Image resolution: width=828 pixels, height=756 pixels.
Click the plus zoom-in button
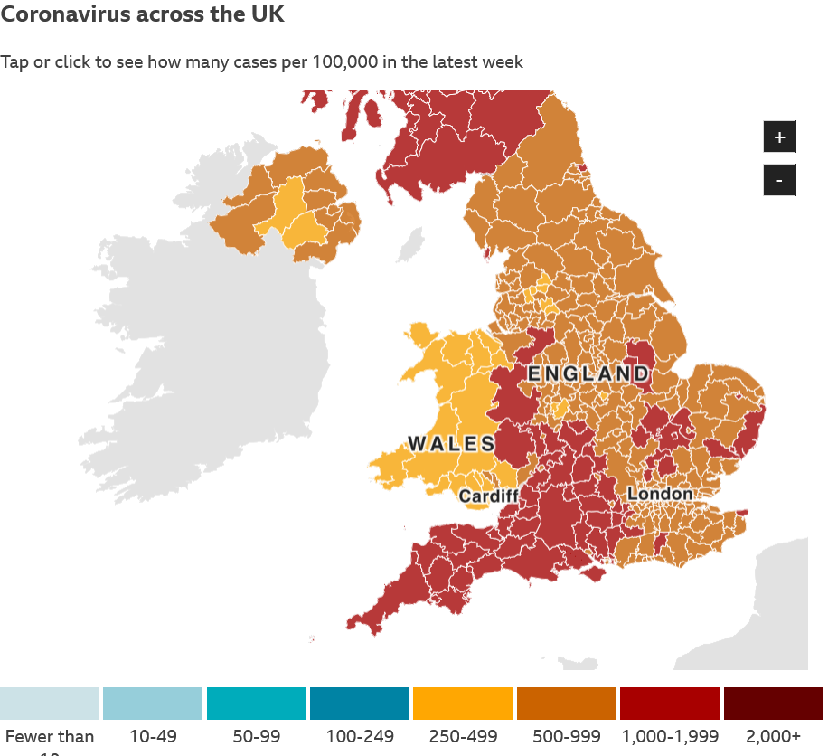(x=779, y=137)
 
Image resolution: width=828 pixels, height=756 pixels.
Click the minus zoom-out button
(x=779, y=180)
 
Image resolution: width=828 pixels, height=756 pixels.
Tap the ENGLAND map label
(x=588, y=373)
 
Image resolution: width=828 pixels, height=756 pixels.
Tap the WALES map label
(x=451, y=443)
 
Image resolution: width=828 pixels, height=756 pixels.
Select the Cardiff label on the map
(x=488, y=496)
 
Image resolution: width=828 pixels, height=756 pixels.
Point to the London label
(x=659, y=494)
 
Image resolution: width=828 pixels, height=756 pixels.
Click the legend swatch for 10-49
(x=153, y=703)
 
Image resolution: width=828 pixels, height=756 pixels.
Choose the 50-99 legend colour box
(x=256, y=703)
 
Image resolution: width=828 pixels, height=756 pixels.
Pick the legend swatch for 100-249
(x=359, y=703)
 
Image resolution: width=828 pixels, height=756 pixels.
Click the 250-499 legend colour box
(x=462, y=703)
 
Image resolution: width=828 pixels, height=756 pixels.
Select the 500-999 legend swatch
(x=565, y=703)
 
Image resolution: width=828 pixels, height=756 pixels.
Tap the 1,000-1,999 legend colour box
(x=669, y=703)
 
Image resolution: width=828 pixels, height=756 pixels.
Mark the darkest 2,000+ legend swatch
(x=773, y=703)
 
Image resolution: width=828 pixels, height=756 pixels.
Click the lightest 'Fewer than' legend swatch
(x=49, y=703)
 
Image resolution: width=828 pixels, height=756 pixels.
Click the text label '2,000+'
(x=773, y=737)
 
